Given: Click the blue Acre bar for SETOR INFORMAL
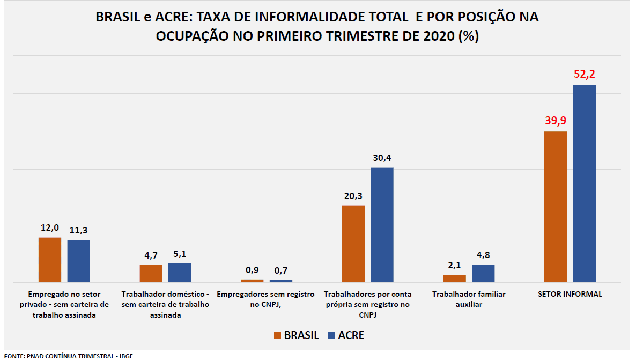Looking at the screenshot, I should coord(584,183).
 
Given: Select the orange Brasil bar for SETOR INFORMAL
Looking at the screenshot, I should coord(555,207).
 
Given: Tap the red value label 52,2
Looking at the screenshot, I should coord(584,74).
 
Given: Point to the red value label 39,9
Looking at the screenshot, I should coord(556,121).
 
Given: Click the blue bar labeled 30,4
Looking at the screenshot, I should coord(382,225).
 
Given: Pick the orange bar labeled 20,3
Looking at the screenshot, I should coord(353,244).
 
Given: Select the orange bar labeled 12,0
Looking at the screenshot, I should coord(50,259).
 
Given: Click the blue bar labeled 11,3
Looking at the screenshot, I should coord(78,261).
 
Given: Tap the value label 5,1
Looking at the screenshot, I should coord(180,254).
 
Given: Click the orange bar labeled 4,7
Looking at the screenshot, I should coord(151,273).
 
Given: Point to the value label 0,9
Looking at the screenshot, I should coord(252,270).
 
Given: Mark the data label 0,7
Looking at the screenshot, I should coord(281,270).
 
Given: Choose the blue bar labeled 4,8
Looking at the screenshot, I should coord(483,273).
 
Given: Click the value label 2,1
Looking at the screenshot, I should coord(454,265).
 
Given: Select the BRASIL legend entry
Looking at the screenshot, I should coord(295,335).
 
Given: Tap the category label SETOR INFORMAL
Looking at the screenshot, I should coord(570,294).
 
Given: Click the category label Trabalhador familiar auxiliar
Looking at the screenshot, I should coord(469,299).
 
